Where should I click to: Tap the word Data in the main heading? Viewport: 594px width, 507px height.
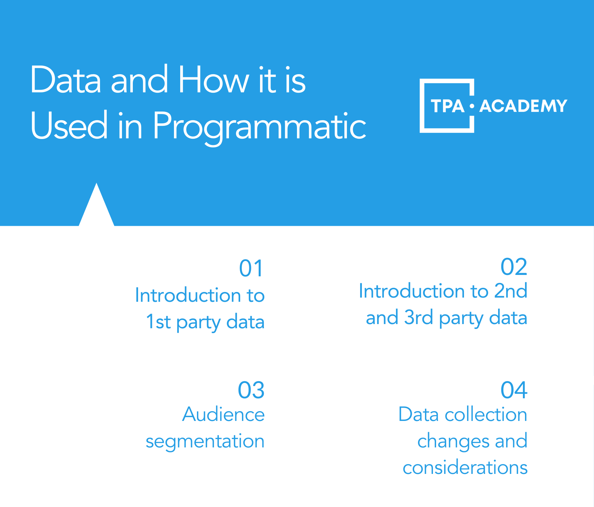[x=66, y=80]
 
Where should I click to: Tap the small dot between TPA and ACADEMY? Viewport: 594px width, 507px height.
[x=472, y=106]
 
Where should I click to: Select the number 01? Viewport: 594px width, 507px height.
[x=251, y=269]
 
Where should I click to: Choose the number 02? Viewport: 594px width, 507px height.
[x=514, y=267]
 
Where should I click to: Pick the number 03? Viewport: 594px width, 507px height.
[x=251, y=390]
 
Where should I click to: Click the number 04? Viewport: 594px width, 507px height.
[x=514, y=390]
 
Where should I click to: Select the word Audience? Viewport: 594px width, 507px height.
[x=223, y=415]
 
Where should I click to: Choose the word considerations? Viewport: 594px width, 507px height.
[x=465, y=468]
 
